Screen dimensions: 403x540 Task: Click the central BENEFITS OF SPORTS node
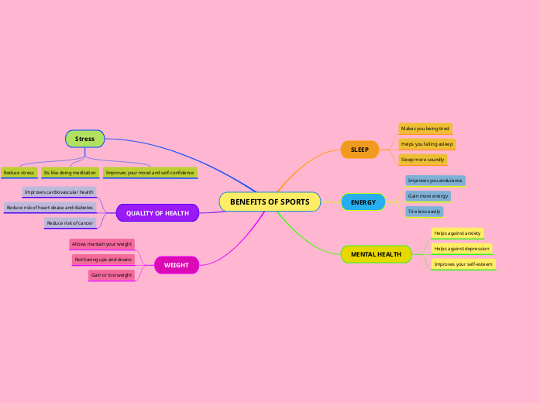click(x=270, y=202)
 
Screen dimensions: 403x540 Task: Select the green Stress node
click(x=84, y=139)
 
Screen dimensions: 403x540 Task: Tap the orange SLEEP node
click(x=359, y=150)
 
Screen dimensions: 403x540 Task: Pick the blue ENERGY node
click(x=363, y=202)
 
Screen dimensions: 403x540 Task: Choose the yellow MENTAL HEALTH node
click(x=376, y=254)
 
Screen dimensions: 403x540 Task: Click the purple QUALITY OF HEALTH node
click(x=157, y=213)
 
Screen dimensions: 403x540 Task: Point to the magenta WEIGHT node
click(x=177, y=265)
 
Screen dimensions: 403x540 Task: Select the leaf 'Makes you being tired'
click(x=425, y=129)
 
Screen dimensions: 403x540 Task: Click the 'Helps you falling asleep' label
click(x=427, y=144)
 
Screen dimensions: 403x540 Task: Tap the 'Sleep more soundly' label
click(x=422, y=160)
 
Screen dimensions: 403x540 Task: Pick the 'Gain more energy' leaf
click(x=428, y=196)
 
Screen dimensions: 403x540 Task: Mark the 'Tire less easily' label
click(x=424, y=212)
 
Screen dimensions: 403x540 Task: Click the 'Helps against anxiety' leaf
click(x=457, y=233)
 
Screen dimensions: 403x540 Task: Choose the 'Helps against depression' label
click(x=462, y=249)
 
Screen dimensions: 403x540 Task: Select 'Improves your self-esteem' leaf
click(x=463, y=264)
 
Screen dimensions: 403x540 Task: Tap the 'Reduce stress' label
click(x=19, y=173)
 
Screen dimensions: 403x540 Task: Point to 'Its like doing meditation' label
click(x=70, y=173)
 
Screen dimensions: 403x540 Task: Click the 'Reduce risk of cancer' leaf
click(x=70, y=223)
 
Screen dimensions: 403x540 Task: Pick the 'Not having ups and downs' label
click(x=103, y=260)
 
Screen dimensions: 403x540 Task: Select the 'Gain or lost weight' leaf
click(x=112, y=275)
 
